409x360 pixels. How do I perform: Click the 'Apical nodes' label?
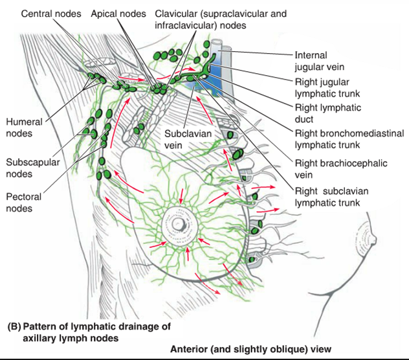point(117,12)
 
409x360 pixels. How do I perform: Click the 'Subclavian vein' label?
point(181,140)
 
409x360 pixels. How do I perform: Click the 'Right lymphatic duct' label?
point(327,113)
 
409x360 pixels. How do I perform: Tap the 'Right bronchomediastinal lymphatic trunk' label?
point(349,139)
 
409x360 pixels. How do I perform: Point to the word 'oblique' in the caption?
point(291,350)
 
